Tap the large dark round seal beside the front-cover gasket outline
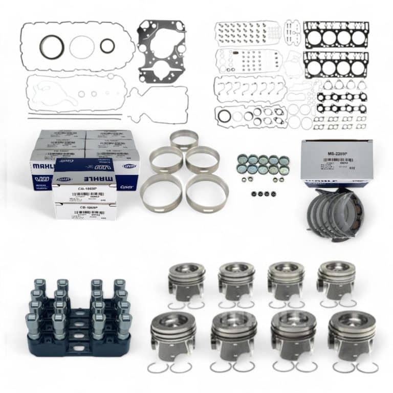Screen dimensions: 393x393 [x=51, y=48]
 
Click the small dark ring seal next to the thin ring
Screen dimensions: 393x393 [x=107, y=47]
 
